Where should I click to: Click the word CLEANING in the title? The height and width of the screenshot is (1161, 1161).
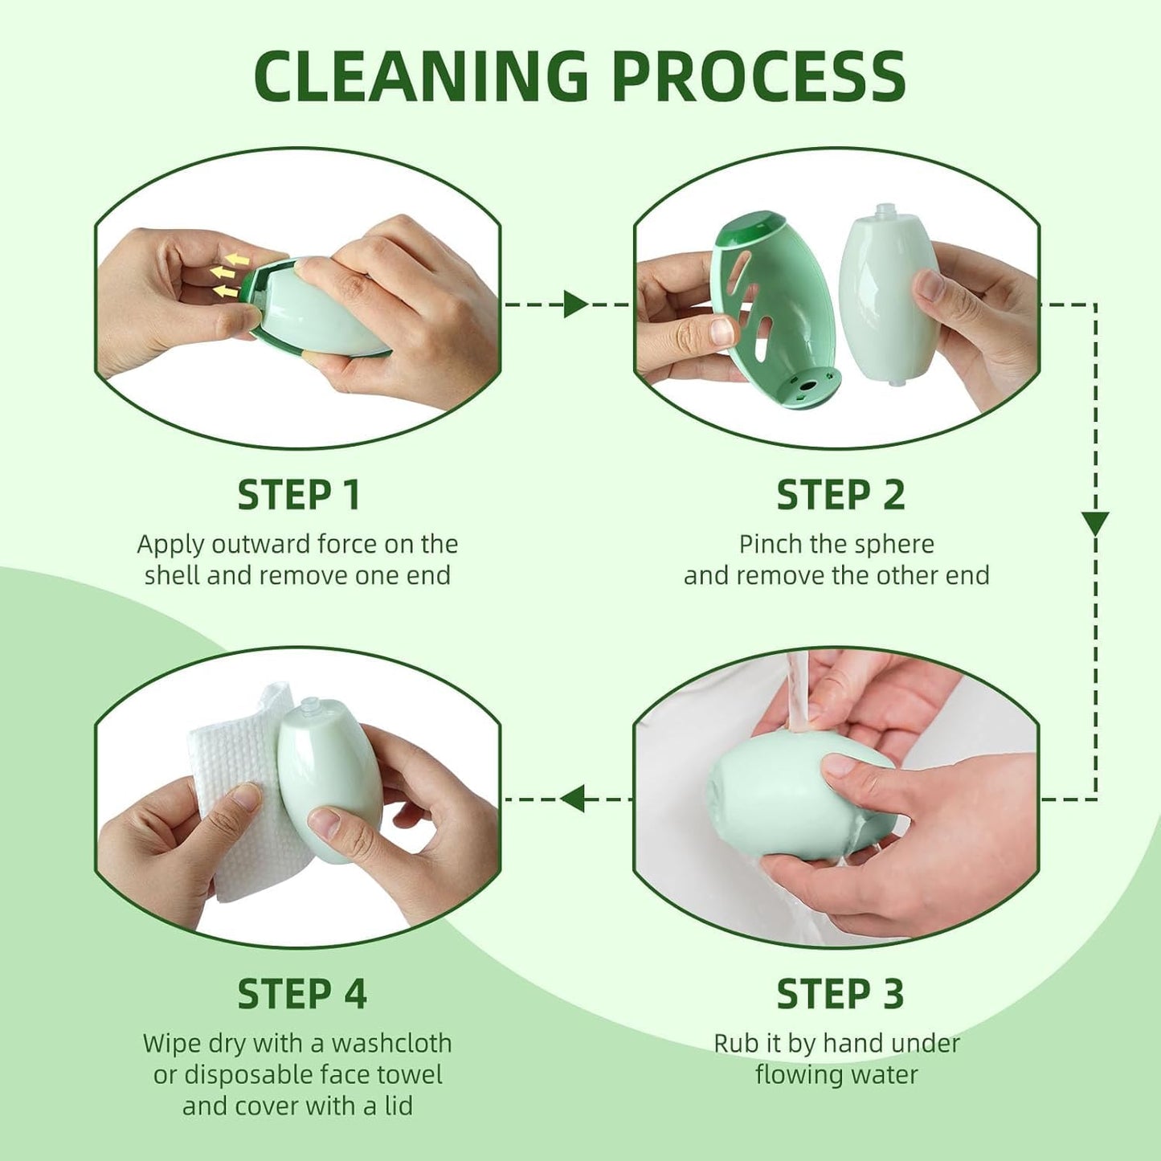point(421,76)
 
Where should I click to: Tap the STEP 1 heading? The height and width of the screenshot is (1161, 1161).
point(298,495)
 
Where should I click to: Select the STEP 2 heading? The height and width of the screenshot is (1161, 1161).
point(840,495)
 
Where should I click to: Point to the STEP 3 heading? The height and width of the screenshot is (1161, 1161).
point(840,994)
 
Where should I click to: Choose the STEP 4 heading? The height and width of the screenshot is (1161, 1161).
point(301,994)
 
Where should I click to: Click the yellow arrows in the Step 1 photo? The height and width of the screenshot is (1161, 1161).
point(229,274)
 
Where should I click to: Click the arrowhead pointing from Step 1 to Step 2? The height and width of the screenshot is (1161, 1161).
point(575,305)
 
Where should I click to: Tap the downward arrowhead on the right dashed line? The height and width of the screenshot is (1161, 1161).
point(1095,524)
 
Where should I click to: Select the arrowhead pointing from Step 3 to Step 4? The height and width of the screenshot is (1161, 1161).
point(573,799)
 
